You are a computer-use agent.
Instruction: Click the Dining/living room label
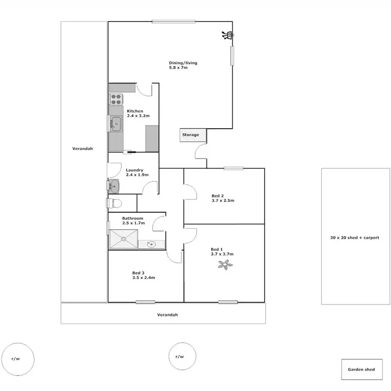point(179,63)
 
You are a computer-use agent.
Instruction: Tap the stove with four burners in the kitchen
point(116,99)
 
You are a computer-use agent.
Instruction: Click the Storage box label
point(190,135)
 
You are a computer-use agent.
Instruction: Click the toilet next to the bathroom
point(115,203)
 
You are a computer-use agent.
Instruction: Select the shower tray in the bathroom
point(124,239)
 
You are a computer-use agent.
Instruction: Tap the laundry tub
point(114,185)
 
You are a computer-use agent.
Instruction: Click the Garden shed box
point(361,369)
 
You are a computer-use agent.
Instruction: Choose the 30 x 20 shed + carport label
point(355,237)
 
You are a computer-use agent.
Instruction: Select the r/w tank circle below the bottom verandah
point(179,357)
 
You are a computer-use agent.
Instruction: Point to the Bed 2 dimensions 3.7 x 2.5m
point(223,201)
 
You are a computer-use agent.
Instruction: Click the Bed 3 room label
point(138,273)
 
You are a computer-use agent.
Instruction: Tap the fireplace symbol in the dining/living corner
point(226,35)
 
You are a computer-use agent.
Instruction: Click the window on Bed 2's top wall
point(234,168)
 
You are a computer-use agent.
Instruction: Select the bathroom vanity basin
point(151,243)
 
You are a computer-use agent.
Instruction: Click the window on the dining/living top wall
point(174,21)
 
